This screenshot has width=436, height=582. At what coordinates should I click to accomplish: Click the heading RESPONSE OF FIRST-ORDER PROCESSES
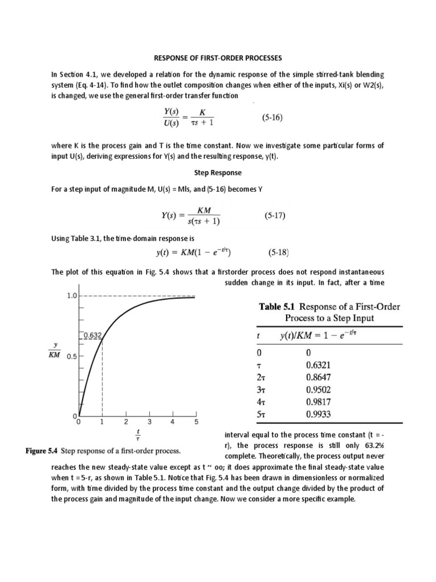(x=217, y=58)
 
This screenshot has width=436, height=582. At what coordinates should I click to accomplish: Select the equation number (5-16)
(x=272, y=118)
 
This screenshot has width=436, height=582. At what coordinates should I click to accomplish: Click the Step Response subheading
(x=217, y=172)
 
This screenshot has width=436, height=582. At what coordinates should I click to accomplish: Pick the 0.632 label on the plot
(x=92, y=335)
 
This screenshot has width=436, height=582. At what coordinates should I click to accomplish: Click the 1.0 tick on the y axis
(x=72, y=296)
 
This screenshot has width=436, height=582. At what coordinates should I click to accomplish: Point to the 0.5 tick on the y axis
(x=72, y=357)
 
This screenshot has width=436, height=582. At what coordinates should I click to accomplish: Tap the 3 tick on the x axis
(x=149, y=422)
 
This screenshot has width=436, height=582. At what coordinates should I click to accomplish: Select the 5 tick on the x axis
(x=196, y=422)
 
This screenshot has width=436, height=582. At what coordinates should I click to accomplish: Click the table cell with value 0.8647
(x=318, y=377)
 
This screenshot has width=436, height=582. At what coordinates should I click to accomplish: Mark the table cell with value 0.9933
(x=318, y=415)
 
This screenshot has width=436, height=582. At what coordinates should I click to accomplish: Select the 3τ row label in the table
(x=261, y=390)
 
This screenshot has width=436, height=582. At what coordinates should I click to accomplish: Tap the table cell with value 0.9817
(x=318, y=402)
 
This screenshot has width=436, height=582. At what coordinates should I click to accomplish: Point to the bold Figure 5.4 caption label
(x=43, y=451)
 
